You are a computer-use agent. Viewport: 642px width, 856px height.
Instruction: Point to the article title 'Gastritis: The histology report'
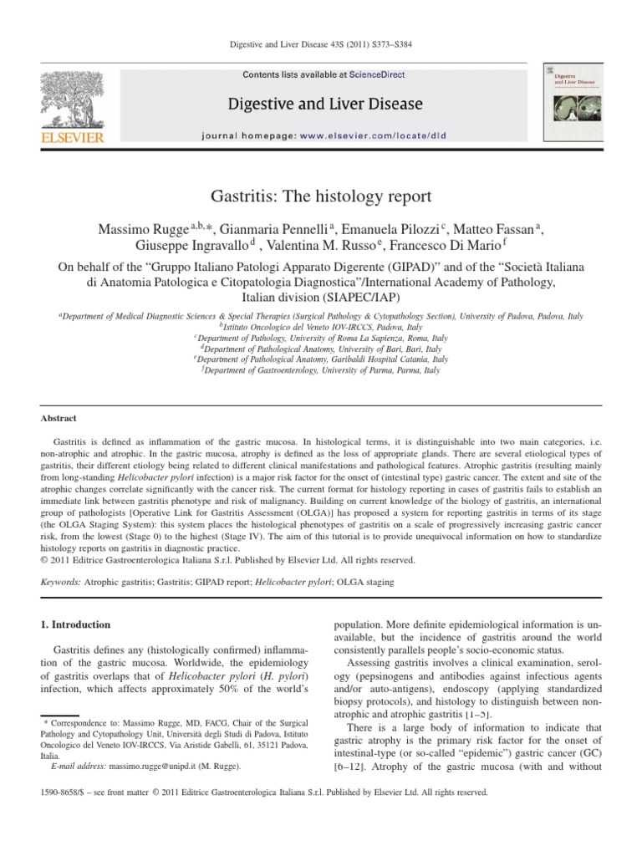coord(321,197)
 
